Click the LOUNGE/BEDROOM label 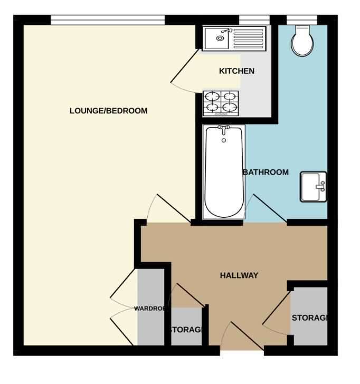tap(109, 111)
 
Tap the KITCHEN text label tap(236, 71)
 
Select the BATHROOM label tap(266, 172)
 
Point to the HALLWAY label tap(239, 275)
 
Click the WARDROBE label tap(149, 309)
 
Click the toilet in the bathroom tap(302, 41)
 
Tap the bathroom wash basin tap(314, 187)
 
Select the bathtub tap(224, 172)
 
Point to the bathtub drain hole tap(223, 140)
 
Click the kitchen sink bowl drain tap(220, 39)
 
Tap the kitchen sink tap tap(226, 31)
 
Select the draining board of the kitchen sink tap(248, 39)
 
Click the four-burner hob tap(221, 103)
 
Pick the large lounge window tap(108, 20)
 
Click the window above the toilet tap(302, 20)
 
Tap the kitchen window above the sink tap(254, 20)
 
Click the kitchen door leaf tap(184, 66)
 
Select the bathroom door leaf tap(270, 208)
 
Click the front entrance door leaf tap(248, 336)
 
